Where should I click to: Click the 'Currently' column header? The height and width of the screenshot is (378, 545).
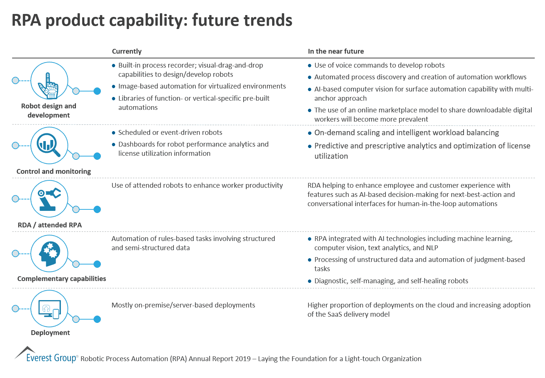click(127, 51)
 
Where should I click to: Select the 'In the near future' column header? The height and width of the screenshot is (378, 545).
click(336, 51)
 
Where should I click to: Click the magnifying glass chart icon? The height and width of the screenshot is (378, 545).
click(49, 145)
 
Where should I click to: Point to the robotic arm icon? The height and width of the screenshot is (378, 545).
click(49, 199)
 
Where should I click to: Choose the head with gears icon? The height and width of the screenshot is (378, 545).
click(49, 253)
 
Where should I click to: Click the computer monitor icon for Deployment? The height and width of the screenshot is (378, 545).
click(49, 309)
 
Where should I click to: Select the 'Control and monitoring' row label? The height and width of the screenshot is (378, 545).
click(54, 172)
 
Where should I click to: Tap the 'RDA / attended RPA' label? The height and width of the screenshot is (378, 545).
click(50, 225)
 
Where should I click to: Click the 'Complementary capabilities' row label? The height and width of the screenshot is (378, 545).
click(62, 279)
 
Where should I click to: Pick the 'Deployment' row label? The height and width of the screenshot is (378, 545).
click(50, 333)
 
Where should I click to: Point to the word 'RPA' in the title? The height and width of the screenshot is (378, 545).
click(26, 20)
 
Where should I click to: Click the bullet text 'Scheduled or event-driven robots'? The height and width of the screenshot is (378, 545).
click(170, 133)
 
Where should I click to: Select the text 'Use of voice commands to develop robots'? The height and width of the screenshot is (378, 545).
click(379, 65)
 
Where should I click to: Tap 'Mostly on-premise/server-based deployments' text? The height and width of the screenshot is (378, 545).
click(183, 305)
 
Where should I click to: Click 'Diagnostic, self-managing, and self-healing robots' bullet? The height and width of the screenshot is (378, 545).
click(391, 281)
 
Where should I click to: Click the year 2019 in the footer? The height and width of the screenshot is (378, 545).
click(242, 359)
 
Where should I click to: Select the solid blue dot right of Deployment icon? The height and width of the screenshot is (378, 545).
click(97, 319)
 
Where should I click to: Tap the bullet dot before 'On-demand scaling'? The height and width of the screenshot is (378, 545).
click(310, 133)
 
